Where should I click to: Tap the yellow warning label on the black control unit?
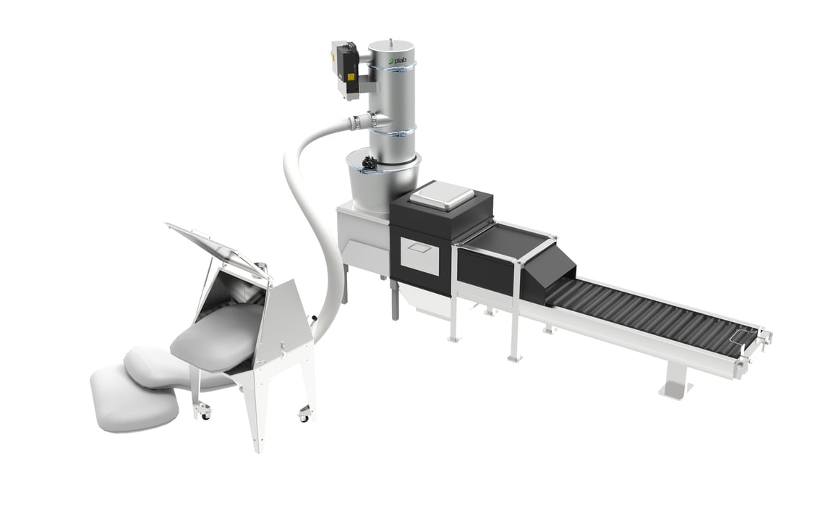point(351,76)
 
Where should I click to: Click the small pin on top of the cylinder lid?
point(391,39)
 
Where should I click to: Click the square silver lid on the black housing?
point(442,194)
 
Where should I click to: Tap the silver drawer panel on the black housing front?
point(419,256)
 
